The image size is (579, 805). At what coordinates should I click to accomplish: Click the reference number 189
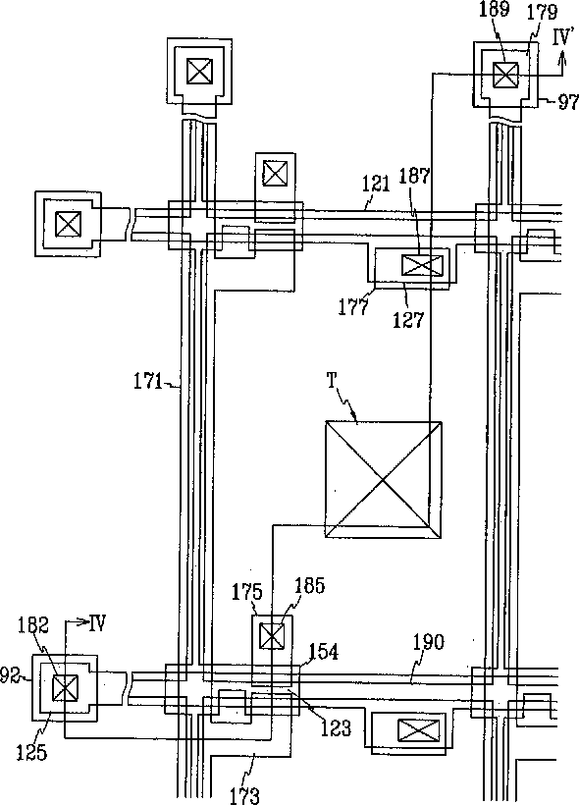click(494, 10)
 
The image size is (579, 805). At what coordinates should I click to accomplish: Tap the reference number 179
click(542, 13)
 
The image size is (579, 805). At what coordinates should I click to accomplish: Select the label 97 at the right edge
click(568, 103)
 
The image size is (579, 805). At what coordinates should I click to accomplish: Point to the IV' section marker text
click(563, 38)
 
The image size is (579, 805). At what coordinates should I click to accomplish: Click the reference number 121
click(377, 184)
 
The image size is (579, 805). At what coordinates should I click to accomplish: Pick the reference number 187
click(414, 176)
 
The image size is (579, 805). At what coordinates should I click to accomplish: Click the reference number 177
click(353, 307)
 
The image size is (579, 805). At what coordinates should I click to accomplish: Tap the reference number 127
click(409, 320)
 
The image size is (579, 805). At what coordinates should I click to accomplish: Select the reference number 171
click(148, 382)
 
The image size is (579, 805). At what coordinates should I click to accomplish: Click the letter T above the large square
click(332, 381)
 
